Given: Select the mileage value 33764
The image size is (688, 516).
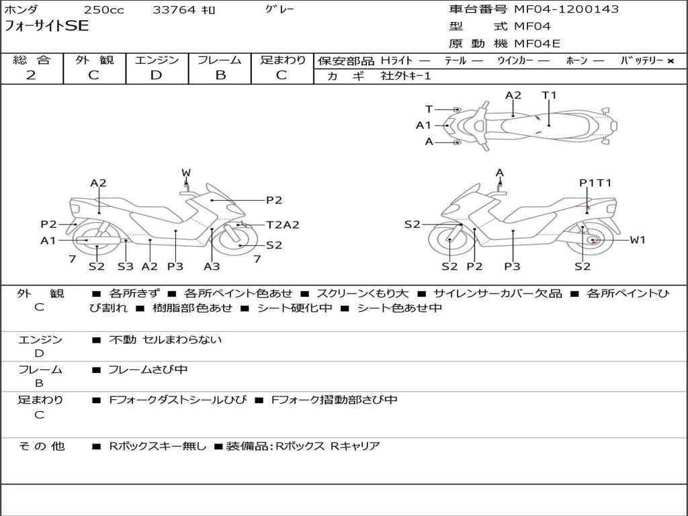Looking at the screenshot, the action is click(x=174, y=10).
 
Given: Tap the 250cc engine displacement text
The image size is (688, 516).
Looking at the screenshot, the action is click(x=103, y=10).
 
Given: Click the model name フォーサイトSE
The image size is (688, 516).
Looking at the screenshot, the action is click(x=46, y=27).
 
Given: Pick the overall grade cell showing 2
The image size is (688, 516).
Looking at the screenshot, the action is click(x=31, y=75).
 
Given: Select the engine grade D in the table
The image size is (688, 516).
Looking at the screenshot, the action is click(x=157, y=75).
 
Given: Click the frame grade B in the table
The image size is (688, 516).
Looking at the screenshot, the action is click(x=220, y=75).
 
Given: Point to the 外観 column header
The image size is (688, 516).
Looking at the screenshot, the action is click(x=94, y=60).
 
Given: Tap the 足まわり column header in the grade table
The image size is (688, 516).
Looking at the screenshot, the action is click(x=282, y=60).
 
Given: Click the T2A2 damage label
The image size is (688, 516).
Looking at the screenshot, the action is click(x=283, y=225).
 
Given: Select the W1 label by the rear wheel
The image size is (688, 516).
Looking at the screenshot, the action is click(x=637, y=240).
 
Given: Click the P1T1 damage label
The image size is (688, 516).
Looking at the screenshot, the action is click(x=595, y=183).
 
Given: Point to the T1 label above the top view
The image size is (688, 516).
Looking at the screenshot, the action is click(x=550, y=95).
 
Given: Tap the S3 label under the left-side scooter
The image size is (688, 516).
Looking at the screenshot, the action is click(x=125, y=266).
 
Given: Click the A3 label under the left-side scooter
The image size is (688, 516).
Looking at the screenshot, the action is click(x=212, y=266).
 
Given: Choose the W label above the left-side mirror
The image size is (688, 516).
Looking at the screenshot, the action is click(x=186, y=173).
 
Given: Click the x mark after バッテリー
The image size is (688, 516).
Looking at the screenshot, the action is click(x=670, y=60).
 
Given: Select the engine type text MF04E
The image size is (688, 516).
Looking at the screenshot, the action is click(x=537, y=44).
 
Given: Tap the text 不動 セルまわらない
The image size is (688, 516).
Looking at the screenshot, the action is click(x=165, y=340).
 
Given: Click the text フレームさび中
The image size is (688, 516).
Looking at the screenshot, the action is click(x=148, y=370).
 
